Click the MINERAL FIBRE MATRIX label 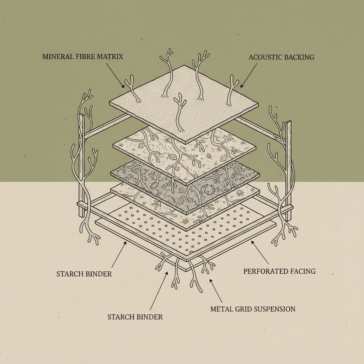pyautogui.click(x=82, y=57)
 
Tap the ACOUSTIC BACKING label pyautogui.click(x=281, y=57)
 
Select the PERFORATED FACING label pyautogui.click(x=279, y=271)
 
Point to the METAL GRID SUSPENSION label pyautogui.click(x=253, y=309)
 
